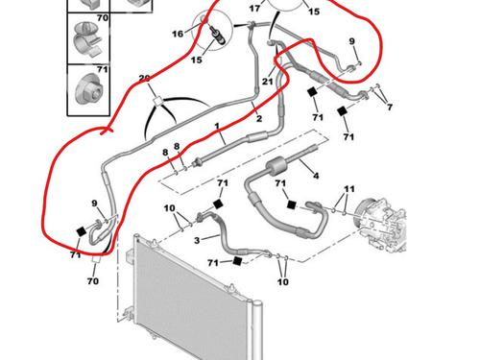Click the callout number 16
point(178,34)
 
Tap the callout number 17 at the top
point(254,9)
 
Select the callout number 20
point(145,79)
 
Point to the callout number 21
point(268,82)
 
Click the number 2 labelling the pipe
point(259,119)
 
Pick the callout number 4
point(316,176)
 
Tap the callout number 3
point(197,240)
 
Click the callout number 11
point(349,189)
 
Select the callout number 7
point(390,107)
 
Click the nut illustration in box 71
point(88,89)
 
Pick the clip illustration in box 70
point(87,39)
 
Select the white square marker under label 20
point(158,101)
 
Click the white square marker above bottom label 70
point(96,259)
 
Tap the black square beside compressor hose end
point(291,204)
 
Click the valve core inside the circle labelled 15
point(218,35)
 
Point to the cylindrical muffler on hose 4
point(276,166)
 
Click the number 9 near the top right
point(351,41)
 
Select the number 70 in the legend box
point(103,18)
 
